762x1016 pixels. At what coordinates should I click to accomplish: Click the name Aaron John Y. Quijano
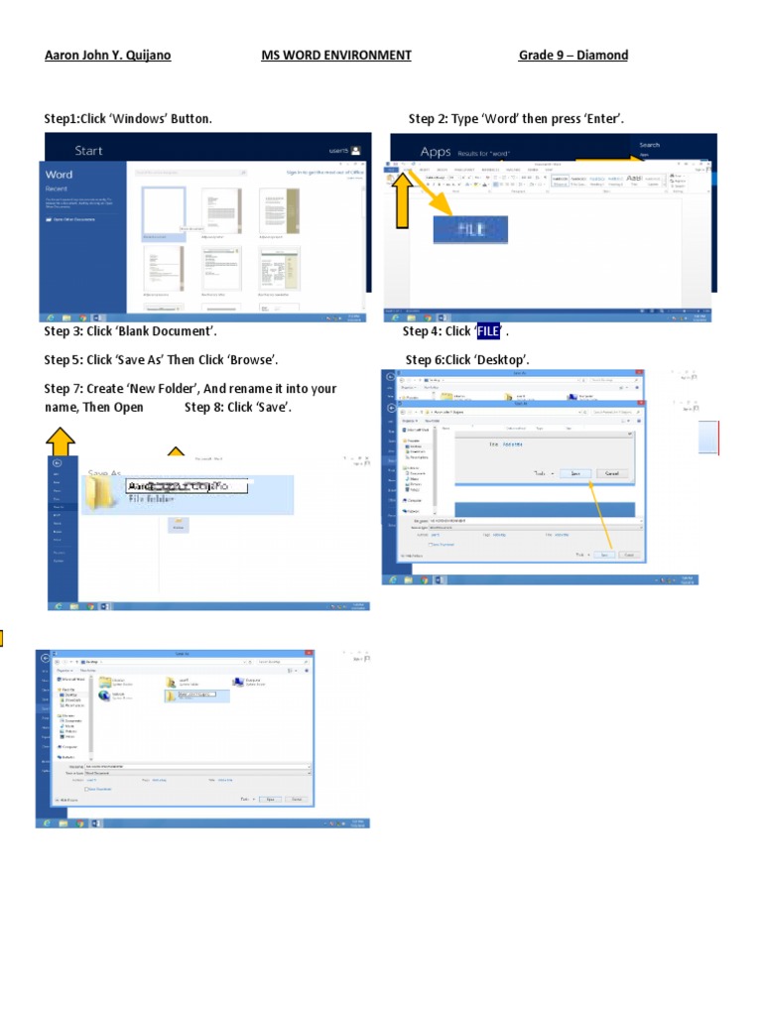coord(107,56)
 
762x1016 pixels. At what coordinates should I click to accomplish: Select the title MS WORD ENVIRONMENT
coord(335,56)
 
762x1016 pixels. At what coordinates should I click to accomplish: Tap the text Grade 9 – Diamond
coord(572,56)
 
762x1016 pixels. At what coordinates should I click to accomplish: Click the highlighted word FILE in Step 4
coord(489,331)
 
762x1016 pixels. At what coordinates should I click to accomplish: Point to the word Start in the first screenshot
coord(88,151)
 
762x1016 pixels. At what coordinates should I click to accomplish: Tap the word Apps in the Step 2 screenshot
coord(436,152)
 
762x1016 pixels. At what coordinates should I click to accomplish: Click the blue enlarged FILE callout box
coord(470,229)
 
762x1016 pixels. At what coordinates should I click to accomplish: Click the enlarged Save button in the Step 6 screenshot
coord(575,474)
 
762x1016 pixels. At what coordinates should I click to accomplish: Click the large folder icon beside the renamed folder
coord(102,492)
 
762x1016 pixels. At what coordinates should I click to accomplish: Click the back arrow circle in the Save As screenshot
coord(58,462)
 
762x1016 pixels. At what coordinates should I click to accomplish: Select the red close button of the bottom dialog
coord(310,654)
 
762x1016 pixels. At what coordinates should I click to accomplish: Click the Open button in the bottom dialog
coord(270,799)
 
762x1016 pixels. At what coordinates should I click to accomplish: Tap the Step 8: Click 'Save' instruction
coord(238,408)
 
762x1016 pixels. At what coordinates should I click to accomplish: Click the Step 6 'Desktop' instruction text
coord(467,359)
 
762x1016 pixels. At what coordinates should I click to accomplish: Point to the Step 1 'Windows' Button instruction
coord(127,119)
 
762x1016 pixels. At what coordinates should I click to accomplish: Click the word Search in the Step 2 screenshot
coord(649,145)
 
